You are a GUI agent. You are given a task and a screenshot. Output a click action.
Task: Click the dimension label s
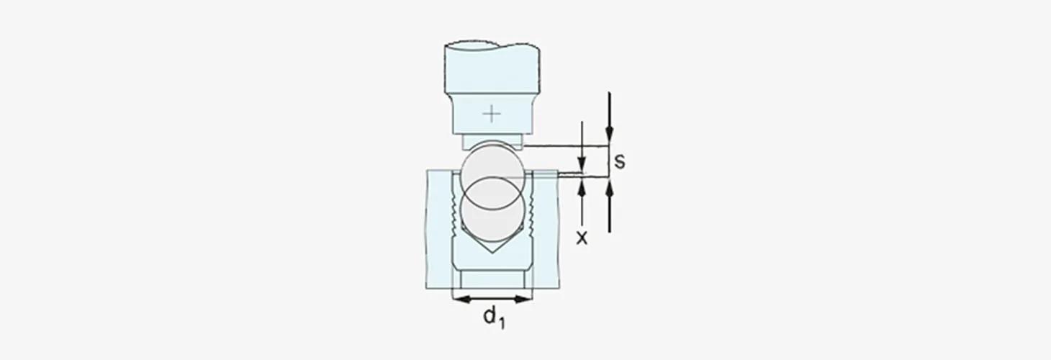[x=619, y=161]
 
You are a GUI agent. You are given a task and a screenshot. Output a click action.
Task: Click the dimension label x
[x=582, y=238]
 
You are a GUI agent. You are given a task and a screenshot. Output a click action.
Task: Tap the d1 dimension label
[x=495, y=318]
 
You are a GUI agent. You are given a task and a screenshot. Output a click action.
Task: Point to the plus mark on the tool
[x=492, y=114]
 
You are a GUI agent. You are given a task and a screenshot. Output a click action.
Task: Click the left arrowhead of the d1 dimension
[x=461, y=299]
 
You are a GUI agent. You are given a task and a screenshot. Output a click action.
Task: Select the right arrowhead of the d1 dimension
[x=523, y=299]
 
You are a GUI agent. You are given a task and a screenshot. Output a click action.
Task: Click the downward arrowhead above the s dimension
[x=609, y=134]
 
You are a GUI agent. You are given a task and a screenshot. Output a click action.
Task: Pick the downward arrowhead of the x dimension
[x=582, y=164]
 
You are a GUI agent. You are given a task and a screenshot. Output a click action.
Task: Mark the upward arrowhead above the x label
[x=582, y=188]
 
